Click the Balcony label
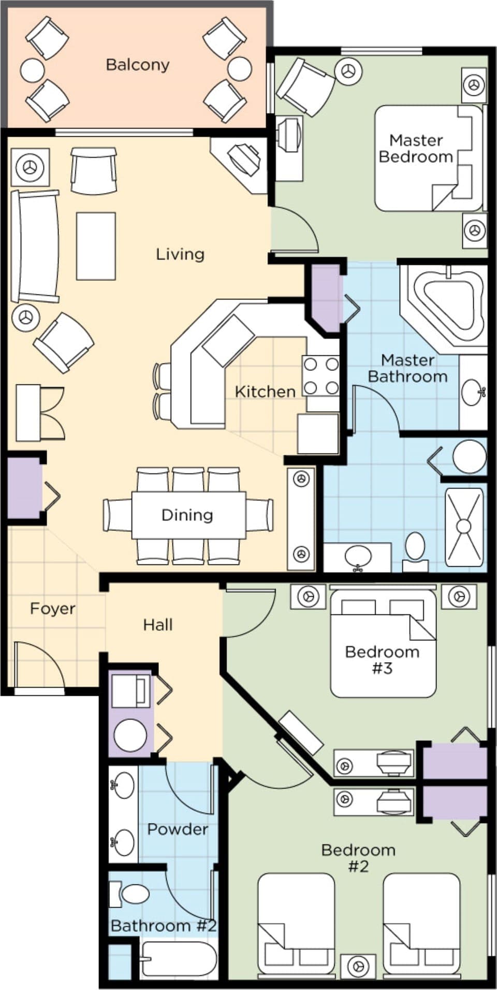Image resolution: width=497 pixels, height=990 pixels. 137,65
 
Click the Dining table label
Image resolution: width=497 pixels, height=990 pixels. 187,515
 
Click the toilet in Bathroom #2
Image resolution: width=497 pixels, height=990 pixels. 133,894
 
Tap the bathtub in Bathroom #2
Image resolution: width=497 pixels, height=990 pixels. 178,959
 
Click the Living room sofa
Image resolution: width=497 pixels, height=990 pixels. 35,246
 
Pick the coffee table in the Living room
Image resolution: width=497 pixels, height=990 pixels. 96,246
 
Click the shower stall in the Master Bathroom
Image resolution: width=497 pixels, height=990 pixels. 464,526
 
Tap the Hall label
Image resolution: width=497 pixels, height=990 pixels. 158,625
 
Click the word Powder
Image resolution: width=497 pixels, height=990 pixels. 178,829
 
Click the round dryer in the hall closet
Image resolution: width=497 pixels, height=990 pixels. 130,735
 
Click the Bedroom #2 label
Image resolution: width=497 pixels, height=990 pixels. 358,857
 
